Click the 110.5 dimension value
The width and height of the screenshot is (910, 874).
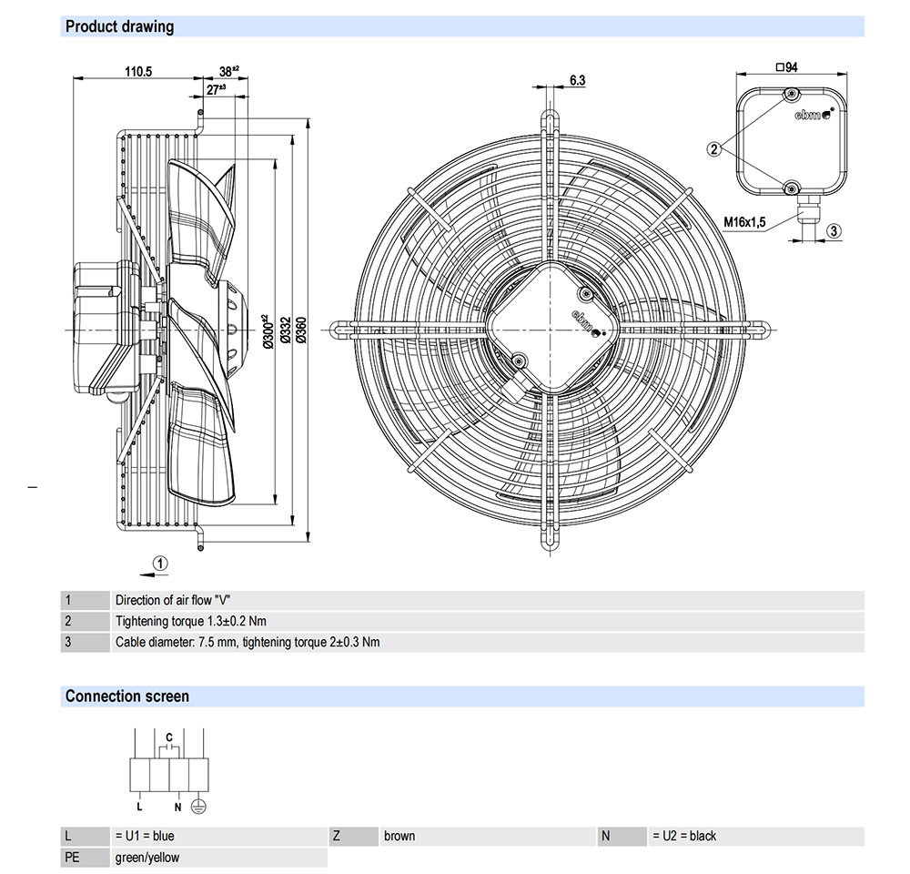137,71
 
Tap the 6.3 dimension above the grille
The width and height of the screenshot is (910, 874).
577,80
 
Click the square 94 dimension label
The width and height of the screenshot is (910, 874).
786,66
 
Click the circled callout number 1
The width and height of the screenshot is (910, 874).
160,564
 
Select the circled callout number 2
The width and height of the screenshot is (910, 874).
715,148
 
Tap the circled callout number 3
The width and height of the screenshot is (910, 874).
834,231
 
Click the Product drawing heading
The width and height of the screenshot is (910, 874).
119,26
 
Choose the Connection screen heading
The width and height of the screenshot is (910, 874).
127,696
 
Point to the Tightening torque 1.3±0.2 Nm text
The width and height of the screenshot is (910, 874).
191,621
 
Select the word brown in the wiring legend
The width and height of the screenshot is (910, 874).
399,836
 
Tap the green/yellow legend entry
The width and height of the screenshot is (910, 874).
147,857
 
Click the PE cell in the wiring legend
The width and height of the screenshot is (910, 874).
73,857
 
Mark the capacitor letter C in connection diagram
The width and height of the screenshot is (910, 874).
169,736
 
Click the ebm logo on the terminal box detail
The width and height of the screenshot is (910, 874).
811,115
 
